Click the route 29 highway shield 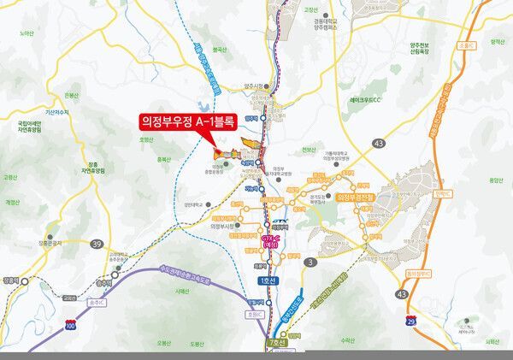[411, 318]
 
